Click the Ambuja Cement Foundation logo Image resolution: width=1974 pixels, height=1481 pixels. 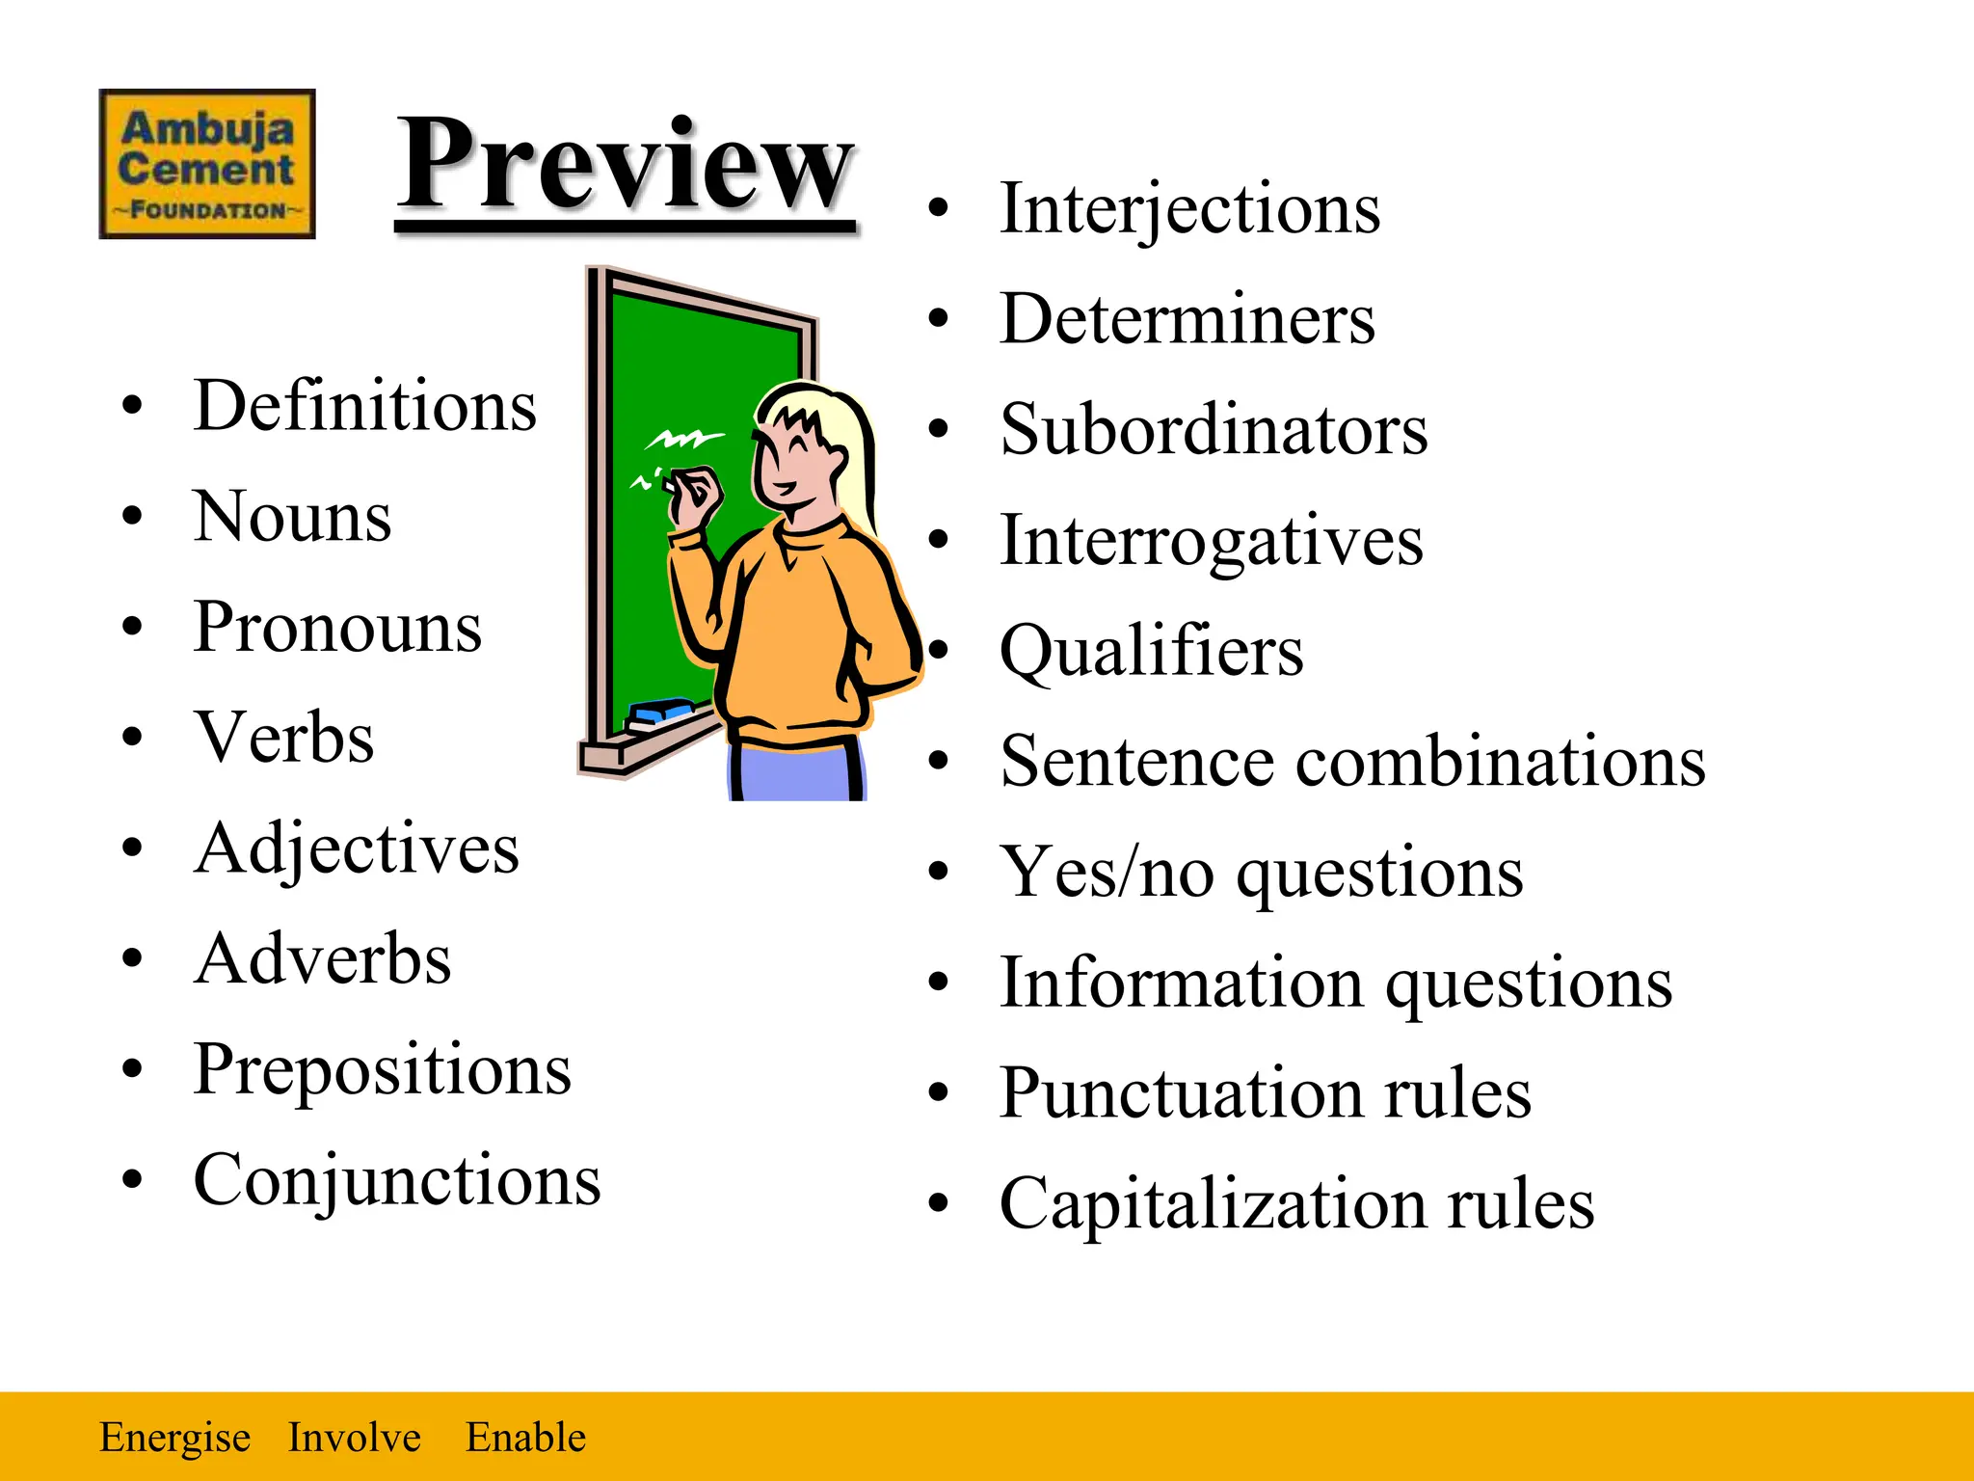[x=207, y=164]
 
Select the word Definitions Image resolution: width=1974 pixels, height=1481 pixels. [x=364, y=406]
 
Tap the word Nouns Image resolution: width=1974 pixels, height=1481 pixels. [x=292, y=517]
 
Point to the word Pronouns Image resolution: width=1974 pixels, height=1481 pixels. [x=337, y=628]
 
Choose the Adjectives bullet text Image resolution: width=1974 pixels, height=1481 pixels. [x=357, y=849]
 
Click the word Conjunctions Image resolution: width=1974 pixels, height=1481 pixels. [x=397, y=1181]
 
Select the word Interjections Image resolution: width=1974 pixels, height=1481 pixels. [x=1189, y=209]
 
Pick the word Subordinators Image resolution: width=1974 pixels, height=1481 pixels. [x=1214, y=430]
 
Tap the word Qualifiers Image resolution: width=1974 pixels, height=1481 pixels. [x=1151, y=652]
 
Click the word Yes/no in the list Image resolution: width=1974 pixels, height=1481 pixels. [x=1107, y=873]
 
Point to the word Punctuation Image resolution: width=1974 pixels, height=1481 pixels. [x=1181, y=1094]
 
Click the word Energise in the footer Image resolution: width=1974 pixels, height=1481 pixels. [x=174, y=1438]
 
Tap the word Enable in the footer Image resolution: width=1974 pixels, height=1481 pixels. [x=525, y=1438]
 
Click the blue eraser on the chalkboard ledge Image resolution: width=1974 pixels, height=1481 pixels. [x=659, y=714]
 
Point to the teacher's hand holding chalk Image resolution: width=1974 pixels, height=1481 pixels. [x=696, y=494]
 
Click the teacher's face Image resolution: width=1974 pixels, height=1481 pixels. [x=795, y=458]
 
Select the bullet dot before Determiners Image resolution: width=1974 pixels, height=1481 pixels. [x=939, y=319]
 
